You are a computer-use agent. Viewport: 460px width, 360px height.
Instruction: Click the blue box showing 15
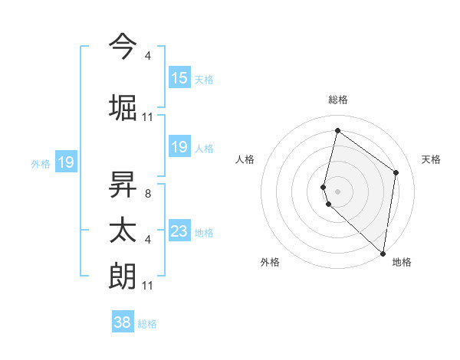tap(179, 78)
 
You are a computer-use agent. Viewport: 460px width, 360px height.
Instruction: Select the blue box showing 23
tap(179, 231)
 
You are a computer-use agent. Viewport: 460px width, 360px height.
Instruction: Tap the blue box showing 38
tap(123, 322)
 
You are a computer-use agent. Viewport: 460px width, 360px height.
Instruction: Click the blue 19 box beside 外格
tap(65, 162)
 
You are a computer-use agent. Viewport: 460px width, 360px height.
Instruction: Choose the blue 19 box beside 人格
tap(179, 147)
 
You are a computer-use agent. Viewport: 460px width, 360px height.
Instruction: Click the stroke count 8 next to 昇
tap(148, 194)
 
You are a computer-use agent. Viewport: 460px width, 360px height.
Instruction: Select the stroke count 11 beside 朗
tap(148, 286)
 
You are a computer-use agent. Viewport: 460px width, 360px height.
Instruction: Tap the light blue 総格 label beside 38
tap(147, 324)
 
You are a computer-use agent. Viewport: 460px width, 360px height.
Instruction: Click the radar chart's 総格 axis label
tap(338, 100)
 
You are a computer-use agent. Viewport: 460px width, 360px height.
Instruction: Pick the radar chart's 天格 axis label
tap(431, 159)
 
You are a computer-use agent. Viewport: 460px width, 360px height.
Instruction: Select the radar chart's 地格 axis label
tap(402, 262)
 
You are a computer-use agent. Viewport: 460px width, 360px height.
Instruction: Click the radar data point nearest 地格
tap(383, 253)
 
